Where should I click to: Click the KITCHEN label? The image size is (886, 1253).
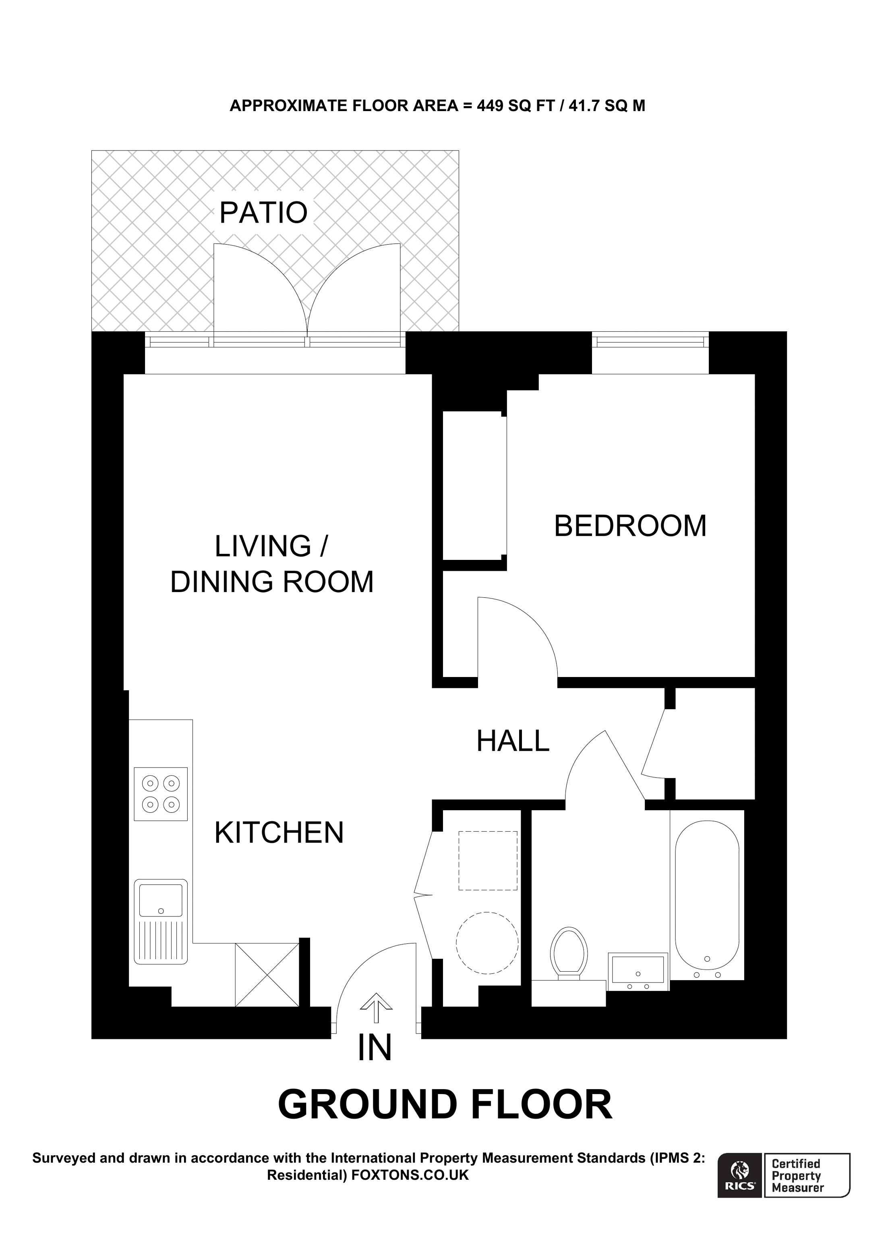pos(279,833)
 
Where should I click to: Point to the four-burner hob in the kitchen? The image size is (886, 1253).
pos(161,794)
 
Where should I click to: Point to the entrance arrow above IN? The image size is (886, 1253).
pos(376,1007)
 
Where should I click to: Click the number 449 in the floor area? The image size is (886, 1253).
pos(490,106)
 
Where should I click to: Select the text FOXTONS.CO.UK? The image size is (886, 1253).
pos(410,1175)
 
